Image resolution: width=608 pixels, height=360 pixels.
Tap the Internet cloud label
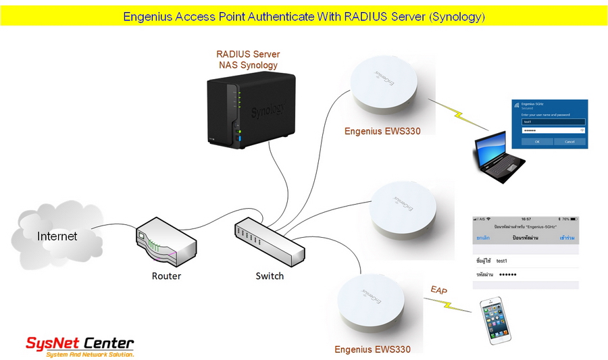(x=57, y=236)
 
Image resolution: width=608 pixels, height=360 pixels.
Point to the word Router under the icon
(x=166, y=276)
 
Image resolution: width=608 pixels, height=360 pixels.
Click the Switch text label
(x=270, y=276)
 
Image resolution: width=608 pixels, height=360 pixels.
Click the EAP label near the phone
(x=439, y=290)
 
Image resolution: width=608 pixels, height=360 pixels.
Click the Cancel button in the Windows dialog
(x=569, y=142)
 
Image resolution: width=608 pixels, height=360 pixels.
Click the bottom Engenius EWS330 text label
(x=372, y=349)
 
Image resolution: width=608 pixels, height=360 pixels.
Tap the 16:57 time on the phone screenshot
(x=525, y=220)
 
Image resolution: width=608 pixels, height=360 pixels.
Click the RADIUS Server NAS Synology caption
(x=248, y=59)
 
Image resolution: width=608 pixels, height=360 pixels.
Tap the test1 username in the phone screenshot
(x=501, y=260)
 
